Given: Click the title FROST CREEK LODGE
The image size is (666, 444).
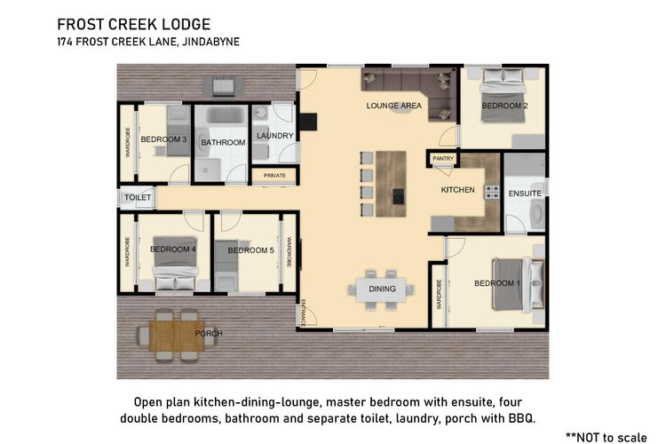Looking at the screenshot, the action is click(134, 24).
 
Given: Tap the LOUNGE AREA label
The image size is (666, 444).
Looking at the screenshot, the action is click(394, 106).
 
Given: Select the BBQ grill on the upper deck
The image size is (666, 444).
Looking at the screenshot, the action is click(223, 86).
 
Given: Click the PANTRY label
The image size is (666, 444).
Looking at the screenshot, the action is click(443, 158).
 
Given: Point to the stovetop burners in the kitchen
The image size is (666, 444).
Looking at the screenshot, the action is click(492, 192).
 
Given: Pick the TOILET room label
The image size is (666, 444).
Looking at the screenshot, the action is click(138, 197).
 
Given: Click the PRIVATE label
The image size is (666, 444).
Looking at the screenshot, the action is click(274, 176).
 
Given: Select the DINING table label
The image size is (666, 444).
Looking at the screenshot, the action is click(382, 289).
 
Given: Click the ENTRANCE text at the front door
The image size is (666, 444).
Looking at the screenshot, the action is click(303, 313).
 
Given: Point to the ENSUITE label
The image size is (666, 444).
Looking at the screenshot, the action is click(525, 194).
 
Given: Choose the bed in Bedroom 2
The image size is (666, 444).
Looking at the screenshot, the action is click(503, 96).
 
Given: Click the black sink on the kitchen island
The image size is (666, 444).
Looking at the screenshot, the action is click(399, 196).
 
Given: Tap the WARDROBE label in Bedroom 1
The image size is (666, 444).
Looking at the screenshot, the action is click(439, 294).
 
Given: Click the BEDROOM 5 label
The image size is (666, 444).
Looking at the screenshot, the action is click(250, 250).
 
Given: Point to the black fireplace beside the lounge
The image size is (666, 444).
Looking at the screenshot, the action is click(307, 122).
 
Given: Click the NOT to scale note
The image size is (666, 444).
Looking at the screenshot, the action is click(607, 437).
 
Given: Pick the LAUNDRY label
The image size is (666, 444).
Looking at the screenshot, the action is click(274, 136).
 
